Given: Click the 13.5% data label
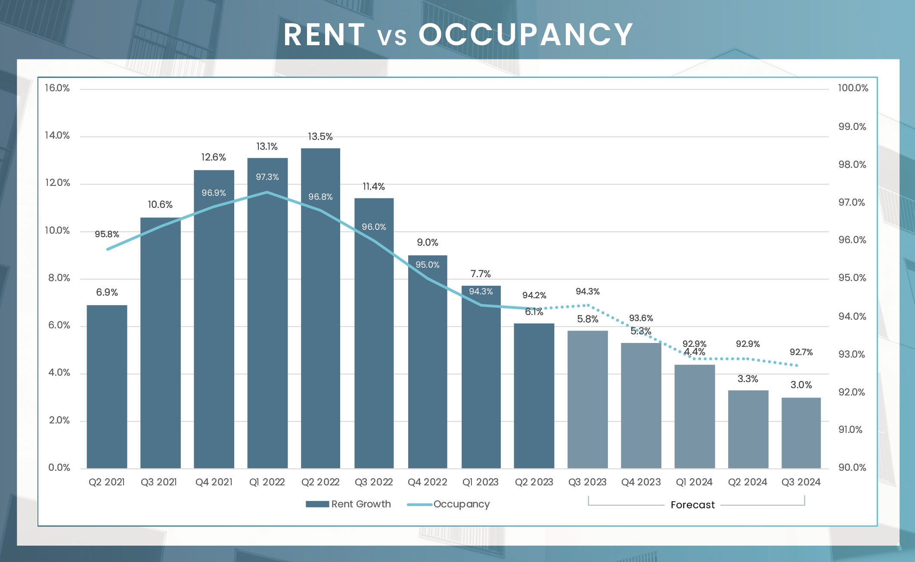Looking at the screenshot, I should click(320, 137).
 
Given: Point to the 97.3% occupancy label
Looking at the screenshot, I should click(267, 177).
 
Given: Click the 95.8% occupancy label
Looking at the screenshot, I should click(107, 234).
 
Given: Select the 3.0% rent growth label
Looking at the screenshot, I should click(801, 385).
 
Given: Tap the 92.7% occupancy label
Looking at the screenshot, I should click(801, 352).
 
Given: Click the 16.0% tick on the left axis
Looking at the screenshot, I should click(57, 88).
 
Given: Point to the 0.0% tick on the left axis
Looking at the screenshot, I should click(59, 468).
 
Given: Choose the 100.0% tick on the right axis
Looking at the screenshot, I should click(853, 88).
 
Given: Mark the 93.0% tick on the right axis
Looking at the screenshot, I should click(852, 355).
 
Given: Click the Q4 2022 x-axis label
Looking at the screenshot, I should click(427, 482).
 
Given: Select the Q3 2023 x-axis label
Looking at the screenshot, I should click(587, 482).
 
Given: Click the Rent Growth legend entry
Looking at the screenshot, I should click(361, 504).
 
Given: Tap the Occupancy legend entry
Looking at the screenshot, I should click(461, 504).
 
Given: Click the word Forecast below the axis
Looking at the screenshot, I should click(692, 505).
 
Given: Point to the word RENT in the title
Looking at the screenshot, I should click(324, 34).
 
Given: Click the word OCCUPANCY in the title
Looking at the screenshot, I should click(526, 34).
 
